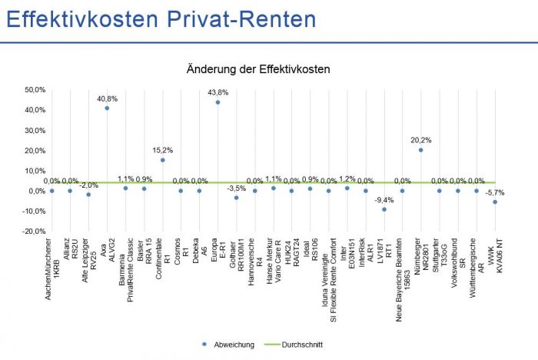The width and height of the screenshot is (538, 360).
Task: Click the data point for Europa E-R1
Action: pyautogui.click(x=218, y=102)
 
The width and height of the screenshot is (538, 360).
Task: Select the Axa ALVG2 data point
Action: pyautogui.click(x=107, y=108)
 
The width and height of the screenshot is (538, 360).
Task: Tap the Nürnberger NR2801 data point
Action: pyautogui.click(x=420, y=150)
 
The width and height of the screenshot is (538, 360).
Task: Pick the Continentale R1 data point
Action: pyautogui.click(x=162, y=160)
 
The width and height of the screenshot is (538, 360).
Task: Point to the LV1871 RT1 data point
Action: pyautogui.click(x=384, y=209)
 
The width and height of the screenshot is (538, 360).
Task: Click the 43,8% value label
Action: pyautogui.click(x=218, y=92)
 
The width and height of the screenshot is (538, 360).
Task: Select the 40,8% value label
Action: pyautogui.click(x=107, y=98)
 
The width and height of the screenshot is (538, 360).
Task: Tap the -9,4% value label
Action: pyautogui.click(x=384, y=200)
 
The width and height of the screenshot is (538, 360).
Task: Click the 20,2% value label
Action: pyautogui.click(x=420, y=140)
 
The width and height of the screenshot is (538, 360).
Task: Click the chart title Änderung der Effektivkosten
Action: pyautogui.click(x=258, y=69)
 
